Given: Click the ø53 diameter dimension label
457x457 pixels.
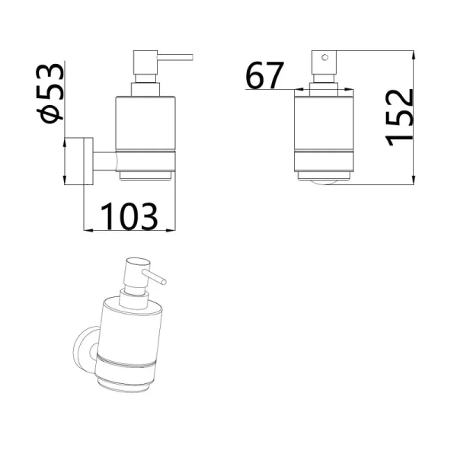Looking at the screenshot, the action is coord(50,93).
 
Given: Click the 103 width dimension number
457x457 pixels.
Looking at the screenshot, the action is coord(129,216).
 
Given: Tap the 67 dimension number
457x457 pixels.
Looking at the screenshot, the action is coord(264,75).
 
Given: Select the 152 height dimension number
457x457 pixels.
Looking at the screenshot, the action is coord(399,117).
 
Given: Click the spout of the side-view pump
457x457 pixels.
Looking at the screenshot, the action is coord(175,57).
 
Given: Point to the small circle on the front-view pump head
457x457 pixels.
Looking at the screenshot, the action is coord(324,57).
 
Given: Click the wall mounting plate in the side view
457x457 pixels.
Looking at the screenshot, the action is coord(88,161).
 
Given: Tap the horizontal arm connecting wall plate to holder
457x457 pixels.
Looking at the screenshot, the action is coord(104,161).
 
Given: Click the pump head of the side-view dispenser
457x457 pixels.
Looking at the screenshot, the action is coord(145,62).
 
